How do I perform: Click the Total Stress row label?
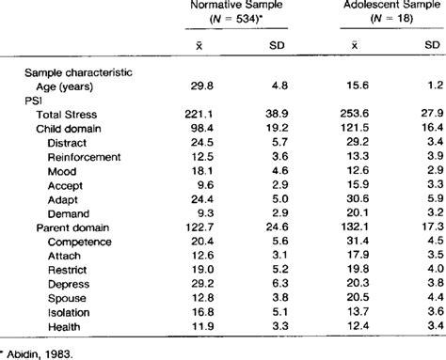67,115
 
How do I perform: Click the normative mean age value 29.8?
202,86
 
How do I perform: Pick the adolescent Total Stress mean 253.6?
355,113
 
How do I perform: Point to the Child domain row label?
69,129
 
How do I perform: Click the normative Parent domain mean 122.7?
199,227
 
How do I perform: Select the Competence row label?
80,242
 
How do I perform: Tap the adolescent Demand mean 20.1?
358,212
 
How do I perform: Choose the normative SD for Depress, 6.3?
280,283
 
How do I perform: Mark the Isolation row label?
69,312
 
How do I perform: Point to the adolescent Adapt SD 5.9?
436,198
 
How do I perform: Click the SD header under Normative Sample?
277,46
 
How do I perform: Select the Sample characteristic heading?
78,72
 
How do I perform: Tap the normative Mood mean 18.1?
202,171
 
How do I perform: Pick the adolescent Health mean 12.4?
358,326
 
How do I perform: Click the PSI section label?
33,101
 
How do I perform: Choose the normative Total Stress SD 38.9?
277,114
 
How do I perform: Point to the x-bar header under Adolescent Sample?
355,45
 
